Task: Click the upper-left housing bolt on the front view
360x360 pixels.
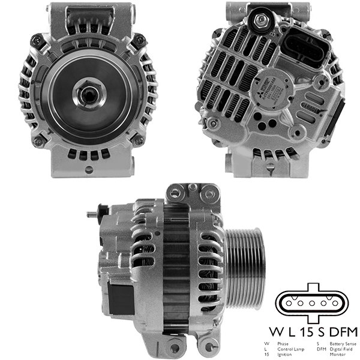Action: pos(37,40)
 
